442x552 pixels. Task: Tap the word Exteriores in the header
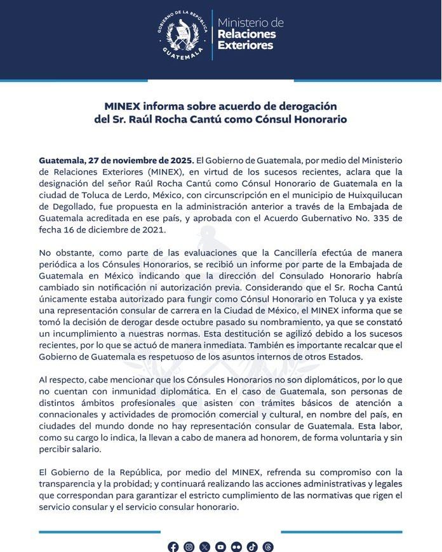pos(245,46)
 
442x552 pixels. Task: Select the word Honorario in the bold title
pos(316,119)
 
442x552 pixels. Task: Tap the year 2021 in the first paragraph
pos(152,230)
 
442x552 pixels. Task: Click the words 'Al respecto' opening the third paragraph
pos(62,379)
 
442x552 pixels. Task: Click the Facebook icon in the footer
pos(173,546)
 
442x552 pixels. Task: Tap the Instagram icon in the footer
pos(189,546)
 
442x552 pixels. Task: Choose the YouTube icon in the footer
pos(220,546)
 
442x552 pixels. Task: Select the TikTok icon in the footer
pos(252,546)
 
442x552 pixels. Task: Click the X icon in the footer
pos(204,546)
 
